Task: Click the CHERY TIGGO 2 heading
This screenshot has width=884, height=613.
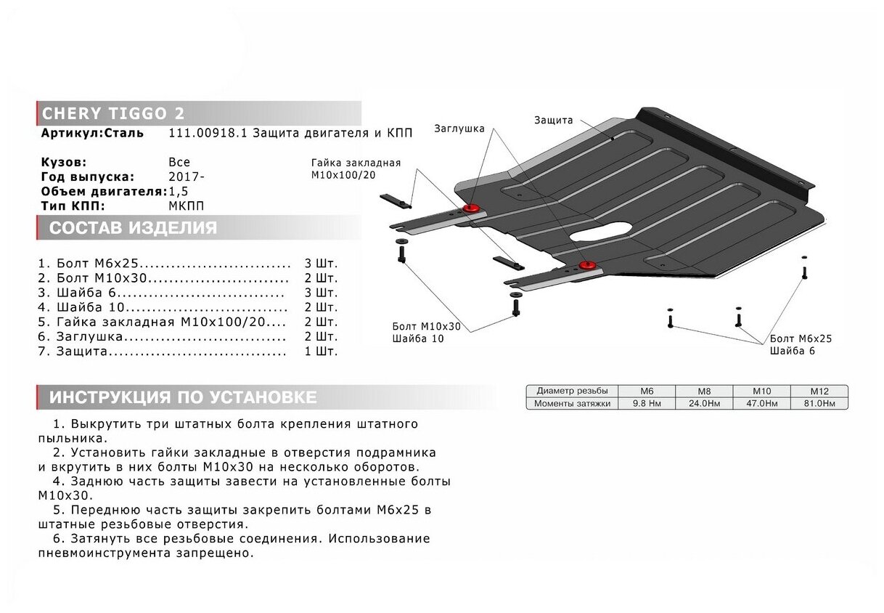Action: [113, 114]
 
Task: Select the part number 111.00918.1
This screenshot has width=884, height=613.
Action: [198, 133]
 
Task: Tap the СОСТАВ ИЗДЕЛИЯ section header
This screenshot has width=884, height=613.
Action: [134, 228]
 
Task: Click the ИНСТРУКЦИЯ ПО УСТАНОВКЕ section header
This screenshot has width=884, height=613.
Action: [183, 397]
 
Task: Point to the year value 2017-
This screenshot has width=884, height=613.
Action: [187, 176]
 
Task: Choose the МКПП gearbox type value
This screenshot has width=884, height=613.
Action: [187, 206]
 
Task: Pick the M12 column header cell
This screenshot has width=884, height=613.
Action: [819, 391]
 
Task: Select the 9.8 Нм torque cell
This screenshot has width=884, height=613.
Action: [645, 403]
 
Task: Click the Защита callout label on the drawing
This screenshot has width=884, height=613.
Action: [553, 120]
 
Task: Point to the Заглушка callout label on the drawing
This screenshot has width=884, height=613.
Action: [459, 129]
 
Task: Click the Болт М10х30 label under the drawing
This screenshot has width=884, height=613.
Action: [426, 326]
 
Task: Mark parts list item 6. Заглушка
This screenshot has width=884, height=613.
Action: [88, 336]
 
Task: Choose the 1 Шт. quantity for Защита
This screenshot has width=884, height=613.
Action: [321, 352]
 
